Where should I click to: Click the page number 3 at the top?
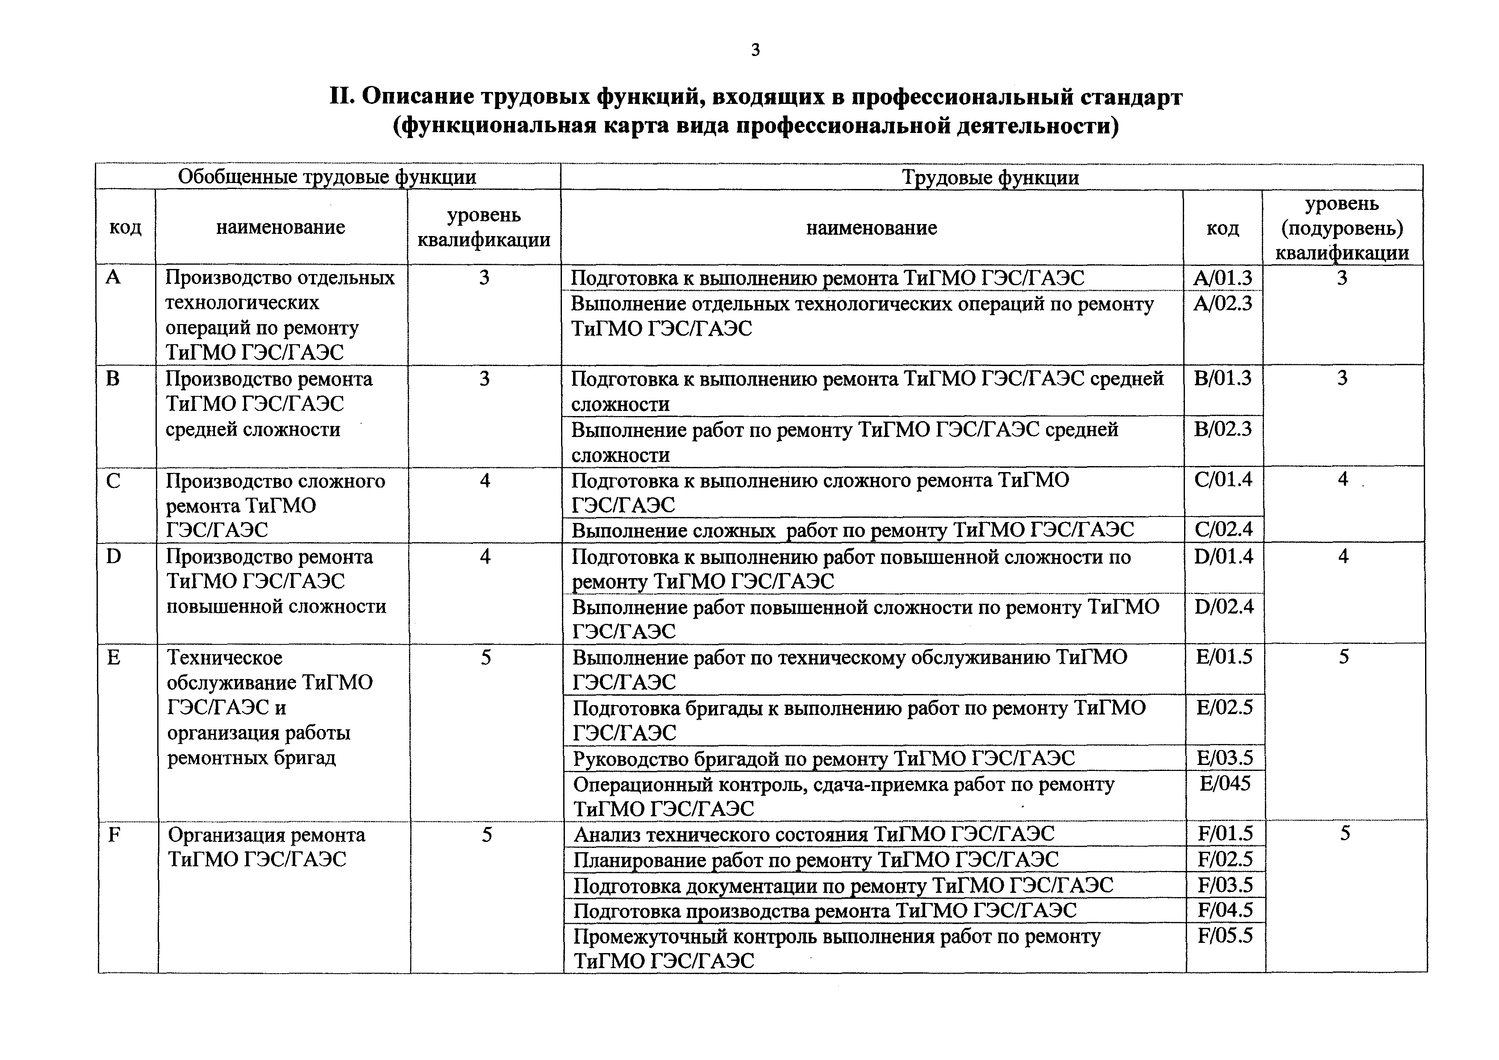point(755,50)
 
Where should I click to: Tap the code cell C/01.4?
point(1223,480)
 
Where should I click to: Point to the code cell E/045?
point(1225,783)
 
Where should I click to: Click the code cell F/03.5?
point(1226,885)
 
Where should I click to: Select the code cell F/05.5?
point(1226,936)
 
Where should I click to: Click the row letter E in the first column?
point(114,658)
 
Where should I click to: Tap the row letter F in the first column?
point(114,835)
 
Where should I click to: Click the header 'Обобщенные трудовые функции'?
point(327,177)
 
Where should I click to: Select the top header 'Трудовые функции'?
point(991,177)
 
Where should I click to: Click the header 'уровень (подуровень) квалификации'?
point(1342,228)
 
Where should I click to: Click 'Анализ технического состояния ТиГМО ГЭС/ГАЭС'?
point(814,835)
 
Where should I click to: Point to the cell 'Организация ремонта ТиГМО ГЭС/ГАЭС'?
point(266,847)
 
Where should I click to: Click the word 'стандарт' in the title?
point(1131,97)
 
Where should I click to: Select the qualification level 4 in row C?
point(485,481)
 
